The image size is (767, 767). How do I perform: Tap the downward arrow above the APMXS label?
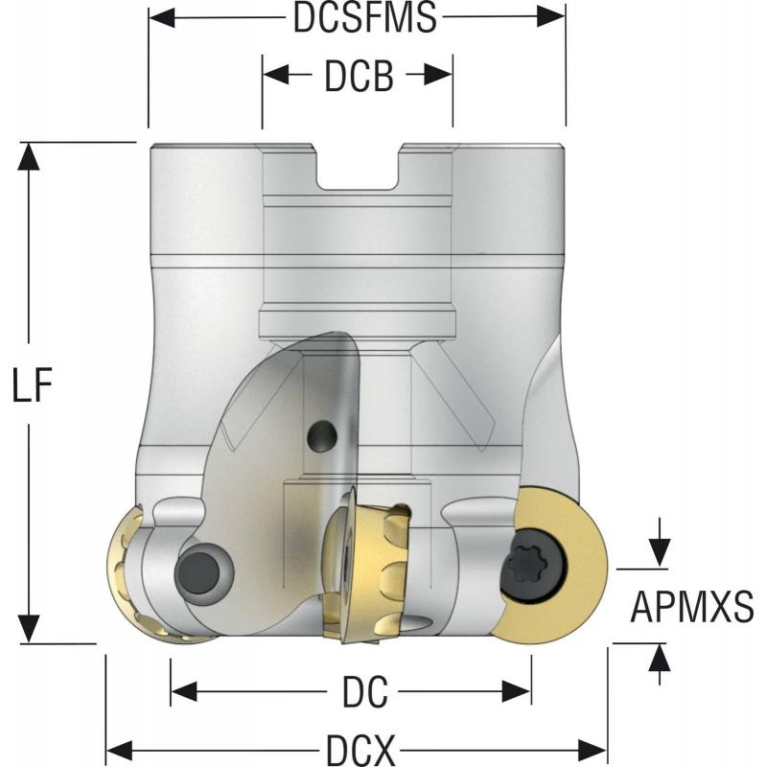pyautogui.click(x=659, y=552)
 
